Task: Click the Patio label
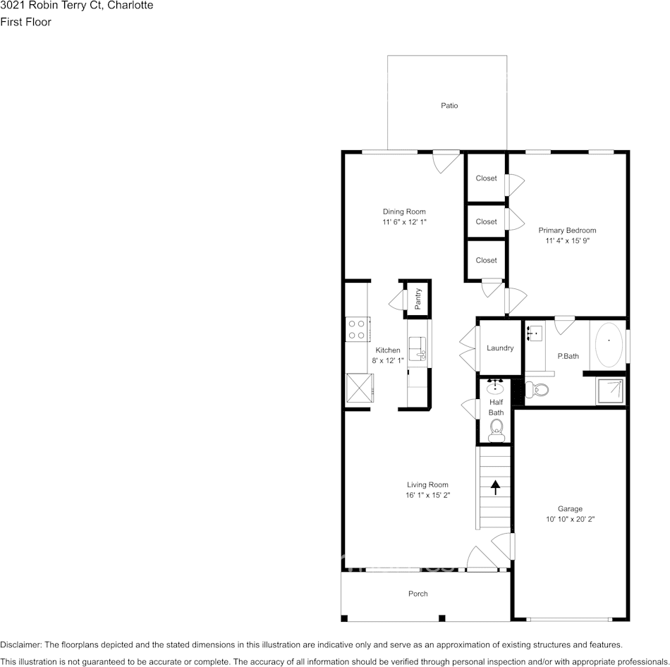pyautogui.click(x=449, y=106)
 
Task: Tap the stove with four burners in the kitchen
pyautogui.click(x=358, y=329)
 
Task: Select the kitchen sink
pyautogui.click(x=418, y=349)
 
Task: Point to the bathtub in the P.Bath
pyautogui.click(x=609, y=345)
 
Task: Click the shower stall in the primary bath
pyautogui.click(x=610, y=391)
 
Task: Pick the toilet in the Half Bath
pyautogui.click(x=496, y=430)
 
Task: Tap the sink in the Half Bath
pyautogui.click(x=495, y=387)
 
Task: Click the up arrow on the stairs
pyautogui.click(x=495, y=487)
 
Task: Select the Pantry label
pyautogui.click(x=418, y=299)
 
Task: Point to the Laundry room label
pyautogui.click(x=500, y=348)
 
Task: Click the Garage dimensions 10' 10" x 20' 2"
pyautogui.click(x=570, y=519)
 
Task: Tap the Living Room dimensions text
pyautogui.click(x=427, y=495)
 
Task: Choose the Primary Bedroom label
pyautogui.click(x=567, y=231)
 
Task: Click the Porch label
pyautogui.click(x=418, y=594)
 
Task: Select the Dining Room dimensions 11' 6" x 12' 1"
pyautogui.click(x=404, y=222)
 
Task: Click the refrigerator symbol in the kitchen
pyautogui.click(x=360, y=388)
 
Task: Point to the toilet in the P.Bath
pyautogui.click(x=537, y=389)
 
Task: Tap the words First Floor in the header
pyautogui.click(x=25, y=22)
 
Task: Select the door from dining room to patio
pyautogui.click(x=446, y=161)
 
